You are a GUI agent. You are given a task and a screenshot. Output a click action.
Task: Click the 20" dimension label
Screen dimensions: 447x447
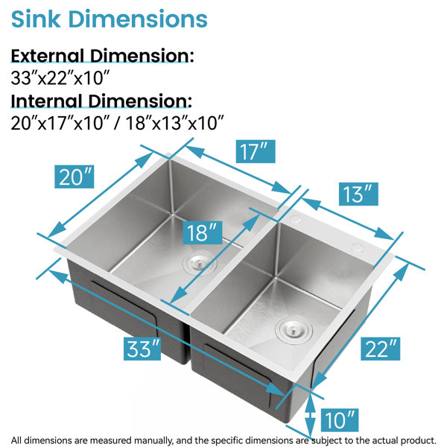74,177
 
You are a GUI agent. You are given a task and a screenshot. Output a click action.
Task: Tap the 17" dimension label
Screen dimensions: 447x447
256,151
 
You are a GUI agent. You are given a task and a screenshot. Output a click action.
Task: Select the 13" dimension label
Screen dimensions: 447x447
358,194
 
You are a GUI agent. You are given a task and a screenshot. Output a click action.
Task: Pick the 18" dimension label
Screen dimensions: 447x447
203,232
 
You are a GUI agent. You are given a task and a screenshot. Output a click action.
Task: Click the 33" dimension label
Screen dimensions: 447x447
142,349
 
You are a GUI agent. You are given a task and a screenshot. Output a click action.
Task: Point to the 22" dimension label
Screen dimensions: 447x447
380,349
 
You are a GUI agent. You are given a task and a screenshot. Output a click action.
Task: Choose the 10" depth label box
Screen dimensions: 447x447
339,420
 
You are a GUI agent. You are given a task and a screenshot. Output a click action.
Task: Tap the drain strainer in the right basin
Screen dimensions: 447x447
294,329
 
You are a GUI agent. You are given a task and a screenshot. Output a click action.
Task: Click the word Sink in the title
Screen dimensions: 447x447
36,19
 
